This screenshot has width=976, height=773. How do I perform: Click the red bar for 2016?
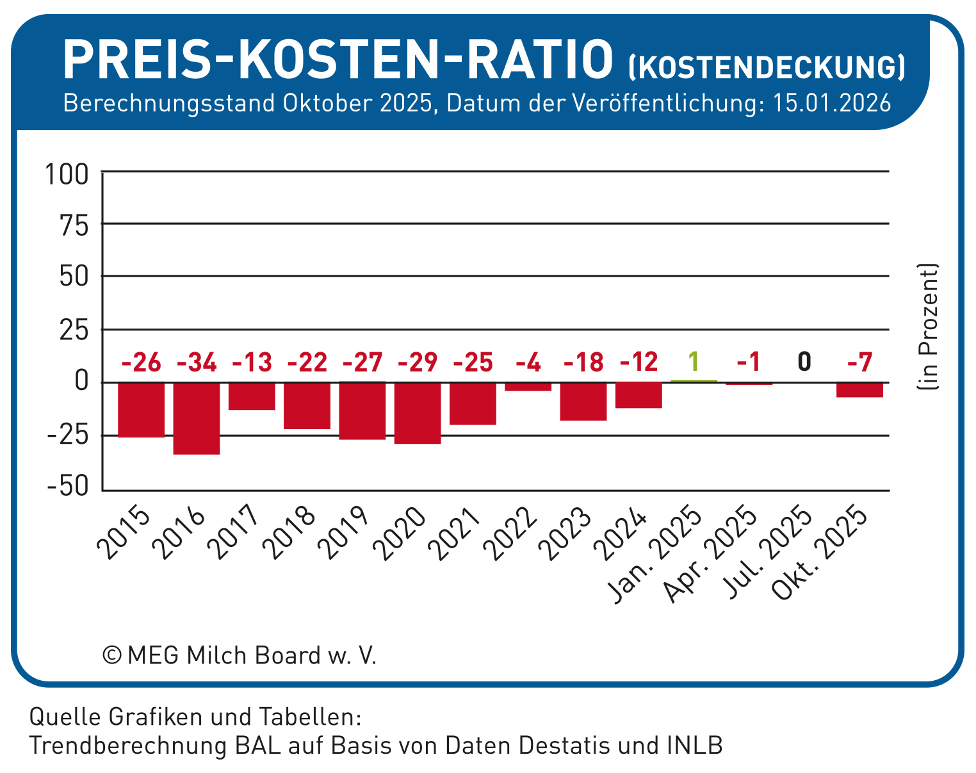click(x=197, y=418)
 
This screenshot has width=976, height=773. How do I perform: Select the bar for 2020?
click(x=418, y=413)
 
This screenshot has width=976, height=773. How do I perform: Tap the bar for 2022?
click(x=528, y=387)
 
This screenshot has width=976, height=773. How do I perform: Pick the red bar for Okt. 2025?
click(x=859, y=390)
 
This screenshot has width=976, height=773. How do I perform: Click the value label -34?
click(x=197, y=363)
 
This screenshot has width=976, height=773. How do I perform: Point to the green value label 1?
click(x=693, y=362)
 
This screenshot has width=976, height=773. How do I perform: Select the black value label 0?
click(x=804, y=362)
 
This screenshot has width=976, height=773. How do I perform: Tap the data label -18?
click(x=583, y=363)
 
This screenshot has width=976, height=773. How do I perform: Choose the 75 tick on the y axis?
click(x=74, y=225)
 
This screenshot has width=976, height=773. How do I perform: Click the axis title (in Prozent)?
click(x=927, y=327)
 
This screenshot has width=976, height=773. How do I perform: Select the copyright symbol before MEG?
click(x=112, y=656)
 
